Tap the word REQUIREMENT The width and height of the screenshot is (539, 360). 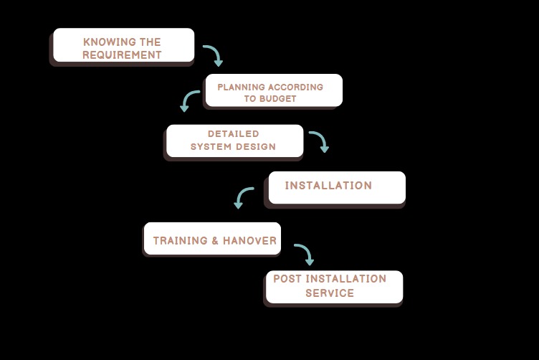point(122,55)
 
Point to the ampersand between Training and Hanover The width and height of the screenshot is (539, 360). point(215,241)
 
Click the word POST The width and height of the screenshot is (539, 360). point(287,279)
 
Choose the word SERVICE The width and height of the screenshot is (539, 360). point(330,293)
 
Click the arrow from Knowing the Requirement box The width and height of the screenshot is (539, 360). point(214,55)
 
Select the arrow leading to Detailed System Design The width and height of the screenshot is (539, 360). point(189,100)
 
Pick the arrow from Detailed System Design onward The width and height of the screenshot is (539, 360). point(320,141)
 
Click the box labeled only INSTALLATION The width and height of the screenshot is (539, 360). point(337,187)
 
